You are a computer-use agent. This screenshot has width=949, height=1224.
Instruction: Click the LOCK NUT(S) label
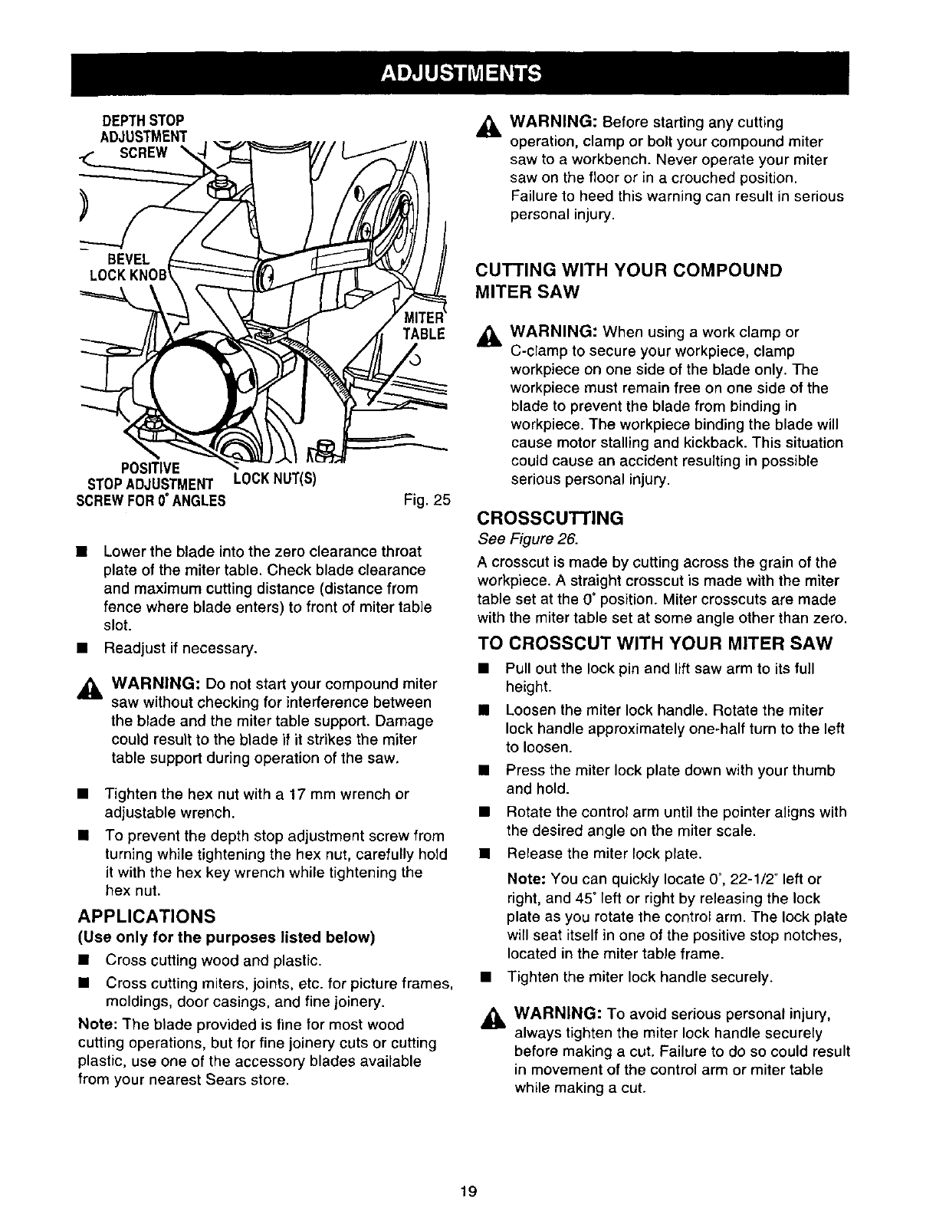(274, 480)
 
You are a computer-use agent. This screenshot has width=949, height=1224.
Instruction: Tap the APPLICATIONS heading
(146, 916)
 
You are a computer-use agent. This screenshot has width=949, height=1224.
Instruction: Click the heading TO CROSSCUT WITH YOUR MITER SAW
(655, 642)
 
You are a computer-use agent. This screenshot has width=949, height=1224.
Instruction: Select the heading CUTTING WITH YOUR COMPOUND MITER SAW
(629, 281)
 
